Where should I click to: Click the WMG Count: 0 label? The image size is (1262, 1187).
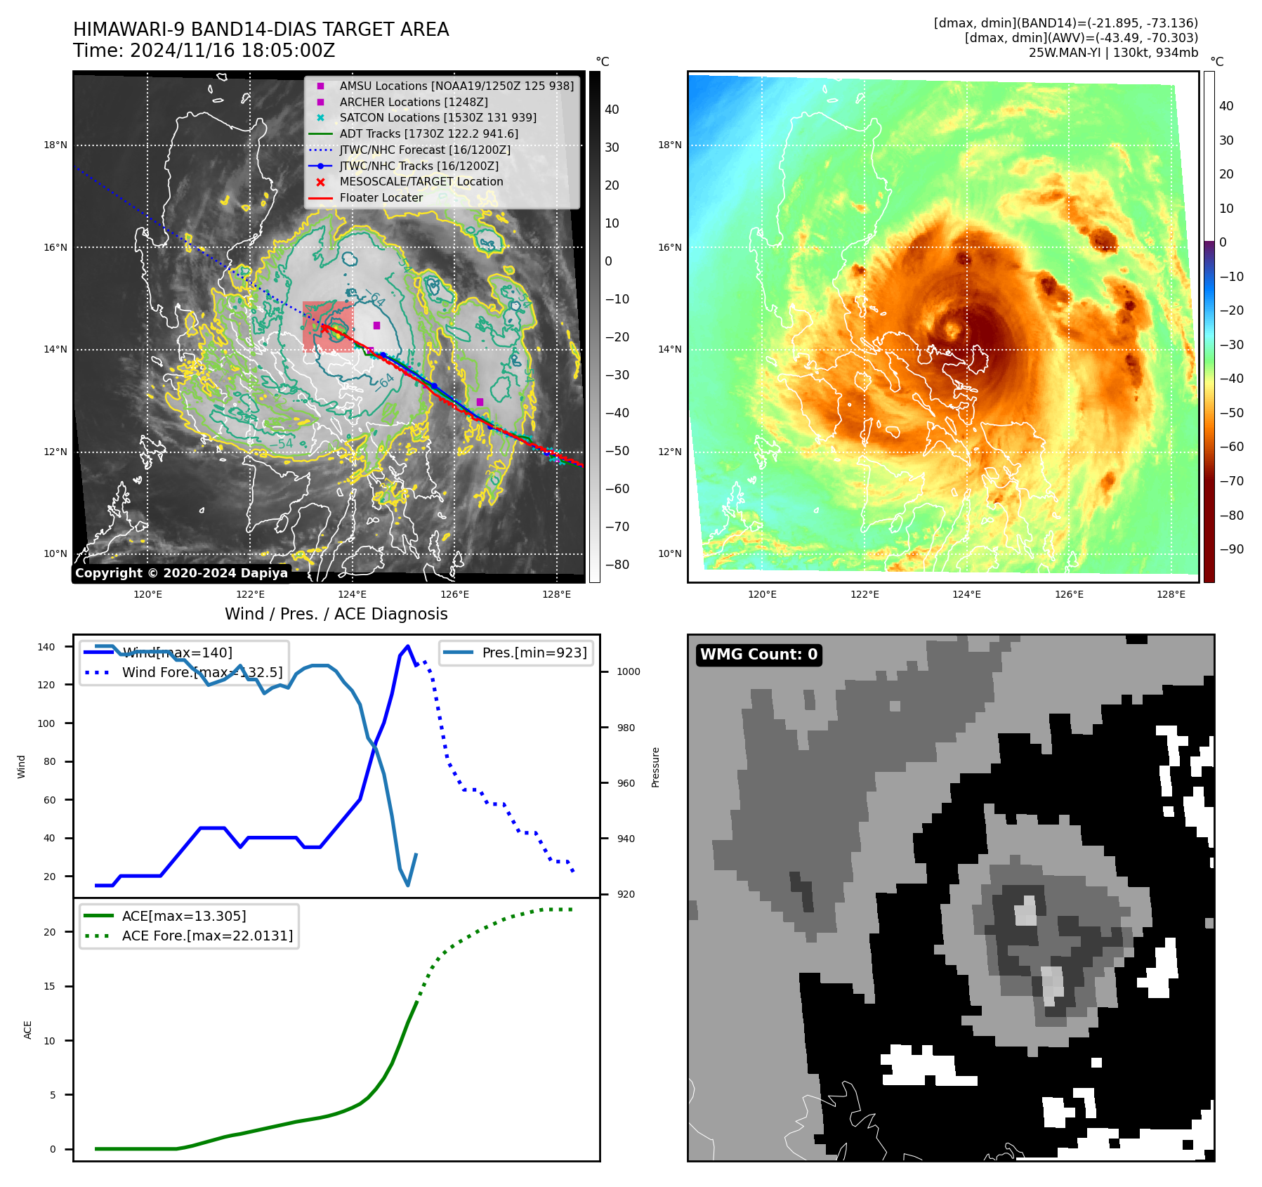click(x=758, y=655)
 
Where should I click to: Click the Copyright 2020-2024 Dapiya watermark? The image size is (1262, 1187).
click(x=181, y=573)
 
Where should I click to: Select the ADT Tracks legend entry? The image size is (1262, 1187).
click(x=428, y=133)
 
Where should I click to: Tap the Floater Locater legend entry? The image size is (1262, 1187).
click(x=381, y=198)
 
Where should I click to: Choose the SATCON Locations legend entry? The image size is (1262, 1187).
click(x=438, y=118)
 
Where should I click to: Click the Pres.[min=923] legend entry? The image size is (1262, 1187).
click(x=534, y=652)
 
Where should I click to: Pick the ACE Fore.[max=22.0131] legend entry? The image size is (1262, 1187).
click(x=207, y=936)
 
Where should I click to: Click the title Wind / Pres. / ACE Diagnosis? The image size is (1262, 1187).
click(x=336, y=614)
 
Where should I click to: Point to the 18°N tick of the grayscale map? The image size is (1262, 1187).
click(x=55, y=145)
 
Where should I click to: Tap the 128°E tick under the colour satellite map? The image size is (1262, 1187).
click(x=1171, y=594)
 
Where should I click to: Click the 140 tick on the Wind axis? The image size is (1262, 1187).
click(x=46, y=647)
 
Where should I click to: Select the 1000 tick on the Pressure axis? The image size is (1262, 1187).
click(x=628, y=671)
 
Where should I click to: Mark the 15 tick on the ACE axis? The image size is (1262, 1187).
click(x=49, y=986)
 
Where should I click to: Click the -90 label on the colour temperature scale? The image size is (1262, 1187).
click(x=1231, y=549)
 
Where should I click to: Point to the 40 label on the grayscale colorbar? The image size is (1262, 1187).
click(x=612, y=110)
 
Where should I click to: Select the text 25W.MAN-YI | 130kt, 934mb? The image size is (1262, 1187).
click(x=1113, y=53)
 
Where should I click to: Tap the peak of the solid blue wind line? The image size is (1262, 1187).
click(x=408, y=646)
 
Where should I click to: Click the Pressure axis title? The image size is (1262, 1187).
click(x=655, y=767)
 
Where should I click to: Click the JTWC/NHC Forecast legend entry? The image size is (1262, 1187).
click(x=425, y=150)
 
